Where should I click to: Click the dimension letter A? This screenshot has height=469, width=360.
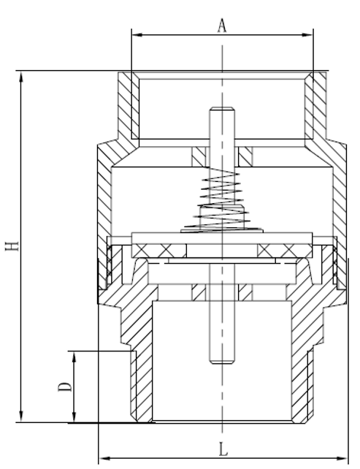pos(222,26)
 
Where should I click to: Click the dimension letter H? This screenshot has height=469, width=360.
pos(12,246)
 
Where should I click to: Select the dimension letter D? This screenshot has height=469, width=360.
pos(65,386)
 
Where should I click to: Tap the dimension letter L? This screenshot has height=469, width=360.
pos(223,449)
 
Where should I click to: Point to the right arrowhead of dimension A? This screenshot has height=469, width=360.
pos(308,35)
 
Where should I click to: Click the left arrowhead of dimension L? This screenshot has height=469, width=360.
pos(104,458)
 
